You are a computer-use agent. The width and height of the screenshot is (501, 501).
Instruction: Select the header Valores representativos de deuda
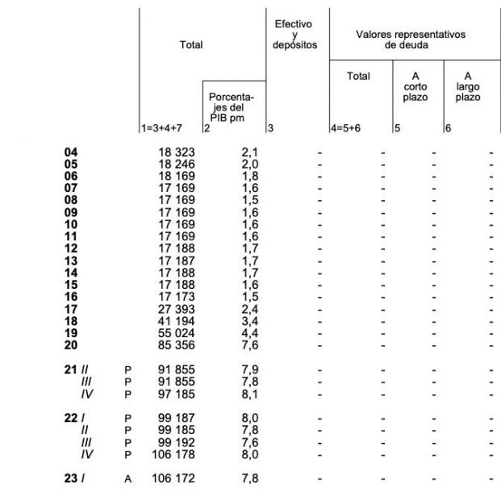tap(411, 40)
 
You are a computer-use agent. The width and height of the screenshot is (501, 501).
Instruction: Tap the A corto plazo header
tap(415, 86)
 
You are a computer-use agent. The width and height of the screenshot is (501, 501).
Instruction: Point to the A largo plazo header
tap(467, 86)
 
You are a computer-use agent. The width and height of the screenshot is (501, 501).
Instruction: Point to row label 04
tap(71, 152)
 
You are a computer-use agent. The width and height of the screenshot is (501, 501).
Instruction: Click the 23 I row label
tap(74, 478)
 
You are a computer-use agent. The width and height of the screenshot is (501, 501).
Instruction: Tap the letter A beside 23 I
tap(127, 479)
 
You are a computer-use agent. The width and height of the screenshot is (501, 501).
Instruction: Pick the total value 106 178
tap(173, 455)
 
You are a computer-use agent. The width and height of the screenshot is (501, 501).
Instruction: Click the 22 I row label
tap(74, 419)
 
